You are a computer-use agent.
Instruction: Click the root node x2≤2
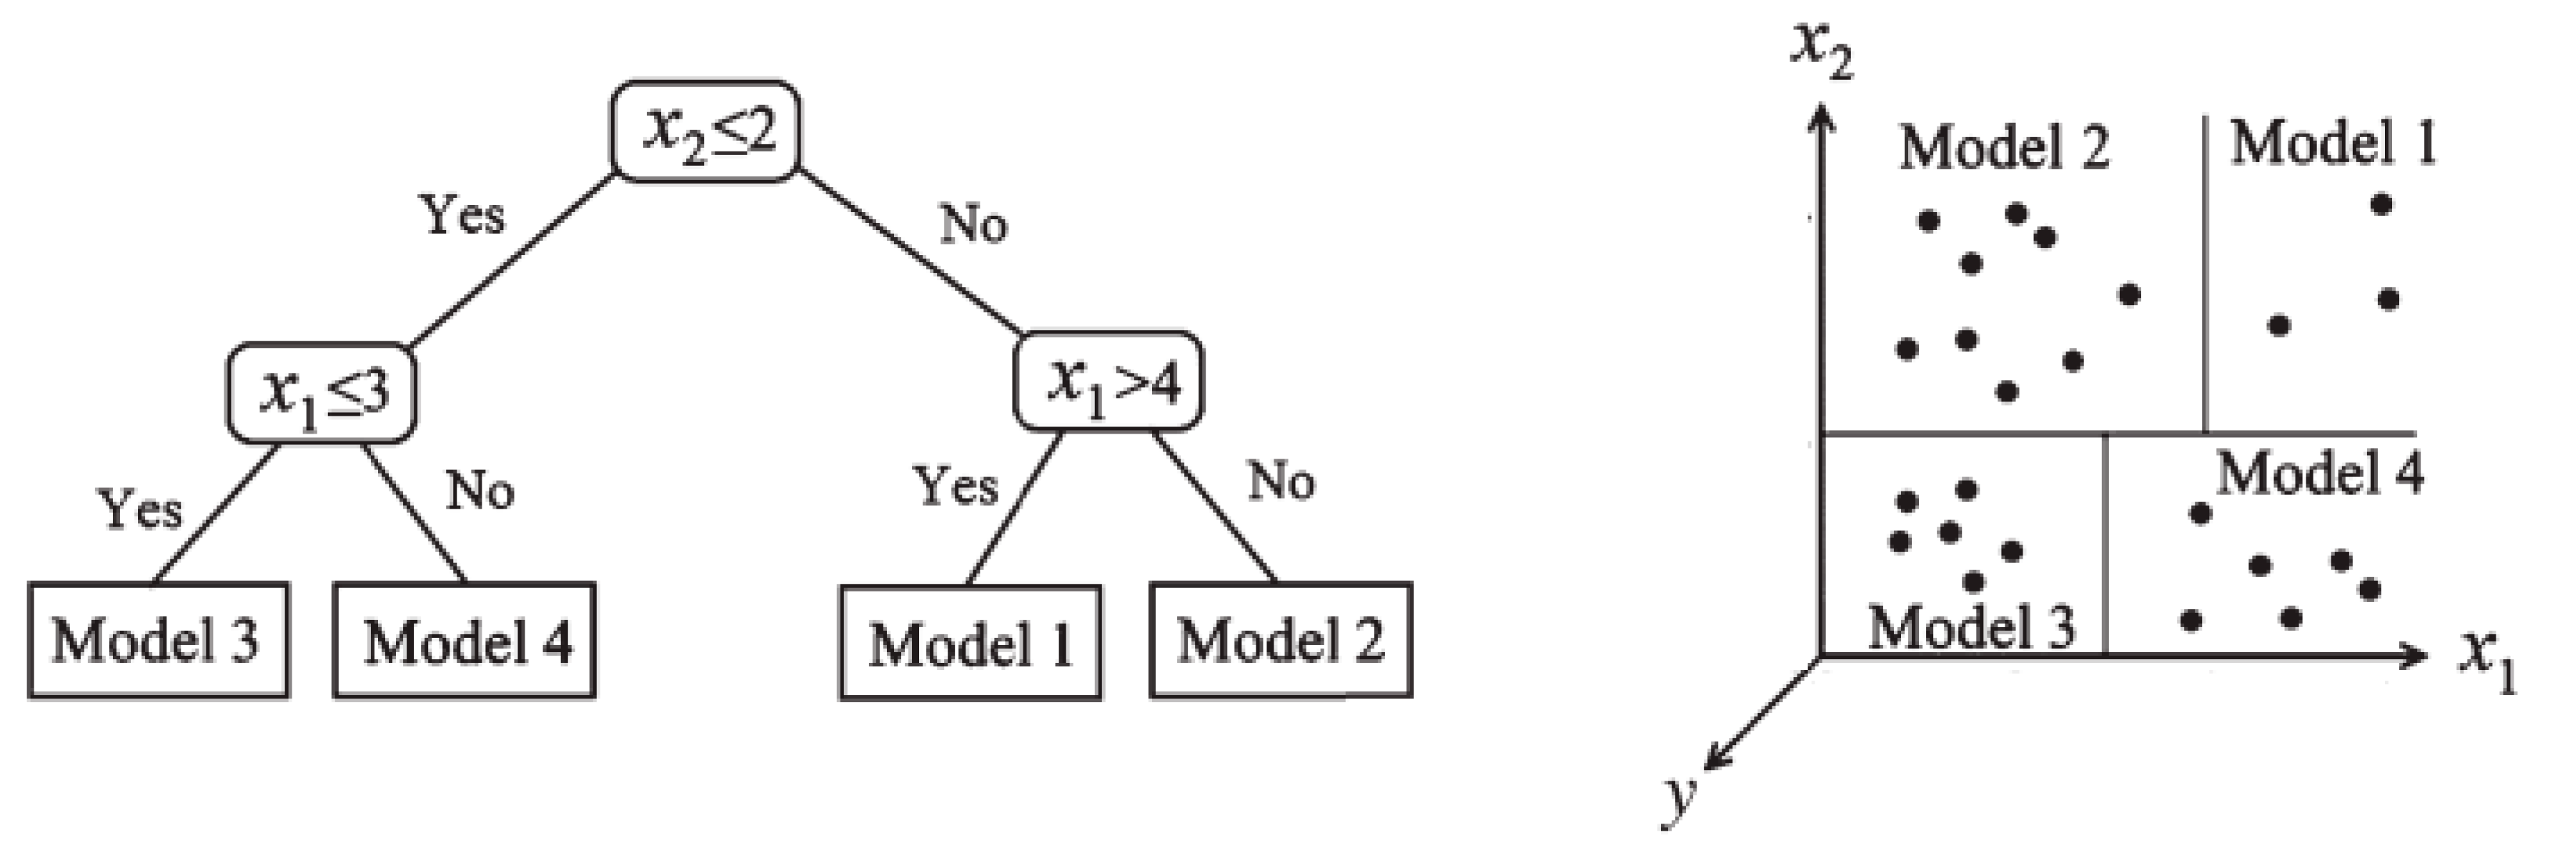[x=705, y=131]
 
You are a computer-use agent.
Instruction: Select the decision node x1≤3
[x=322, y=393]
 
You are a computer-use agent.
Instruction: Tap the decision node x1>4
[x=1108, y=381]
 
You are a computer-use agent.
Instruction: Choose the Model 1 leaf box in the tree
[x=970, y=644]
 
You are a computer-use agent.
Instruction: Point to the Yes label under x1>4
[x=954, y=486]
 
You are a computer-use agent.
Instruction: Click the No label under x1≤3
[x=480, y=490]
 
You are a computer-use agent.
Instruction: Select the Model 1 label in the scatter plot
[x=2332, y=144]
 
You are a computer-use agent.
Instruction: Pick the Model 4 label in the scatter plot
[x=2319, y=473]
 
